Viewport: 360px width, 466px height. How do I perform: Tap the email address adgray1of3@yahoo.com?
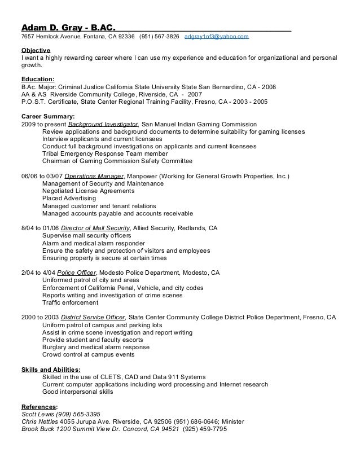[x=216, y=37]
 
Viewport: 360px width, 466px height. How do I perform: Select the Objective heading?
[x=36, y=50]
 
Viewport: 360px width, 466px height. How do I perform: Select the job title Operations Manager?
[x=94, y=177]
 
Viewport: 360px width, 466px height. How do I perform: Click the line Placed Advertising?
[x=69, y=199]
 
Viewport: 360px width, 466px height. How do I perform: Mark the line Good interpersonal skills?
[x=78, y=392]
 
